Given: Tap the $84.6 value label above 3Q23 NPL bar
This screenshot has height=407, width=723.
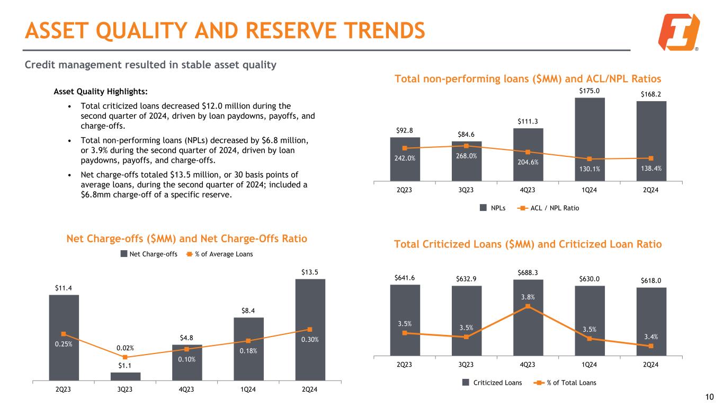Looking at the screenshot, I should pyautogui.click(x=467, y=135).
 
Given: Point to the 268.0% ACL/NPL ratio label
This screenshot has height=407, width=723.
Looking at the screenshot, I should pyautogui.click(x=467, y=156).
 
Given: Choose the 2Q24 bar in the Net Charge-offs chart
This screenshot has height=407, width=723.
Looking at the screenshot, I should pyautogui.click(x=310, y=329).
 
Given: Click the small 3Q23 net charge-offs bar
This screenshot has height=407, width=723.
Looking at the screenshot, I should pyautogui.click(x=125, y=376).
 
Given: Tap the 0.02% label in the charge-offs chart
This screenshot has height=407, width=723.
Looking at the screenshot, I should pyautogui.click(x=125, y=348).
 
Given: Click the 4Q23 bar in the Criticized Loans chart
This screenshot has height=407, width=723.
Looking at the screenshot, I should pyautogui.click(x=528, y=317).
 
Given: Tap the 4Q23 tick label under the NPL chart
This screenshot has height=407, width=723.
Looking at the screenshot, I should pyautogui.click(x=528, y=190).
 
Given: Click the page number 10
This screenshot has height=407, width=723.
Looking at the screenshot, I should pyautogui.click(x=710, y=397).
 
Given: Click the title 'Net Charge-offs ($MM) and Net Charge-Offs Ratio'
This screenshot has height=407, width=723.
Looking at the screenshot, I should pyautogui.click(x=186, y=238).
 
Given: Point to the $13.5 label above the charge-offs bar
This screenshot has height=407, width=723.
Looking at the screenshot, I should pyautogui.click(x=310, y=272).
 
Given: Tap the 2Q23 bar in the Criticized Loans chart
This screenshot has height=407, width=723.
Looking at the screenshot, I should pyautogui.click(x=405, y=320).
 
